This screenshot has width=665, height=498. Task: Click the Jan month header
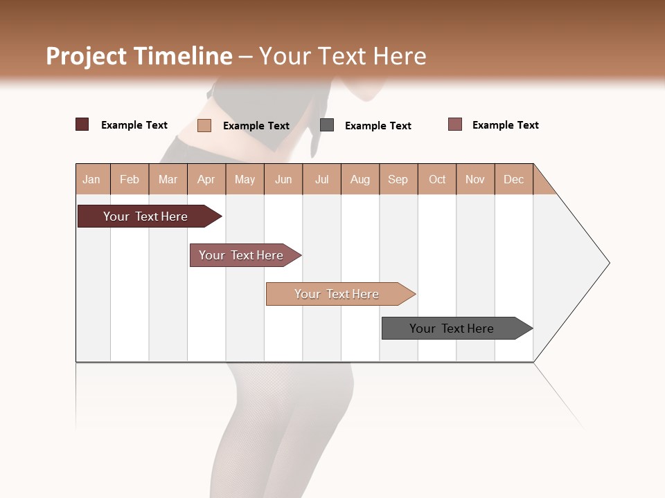[92, 179]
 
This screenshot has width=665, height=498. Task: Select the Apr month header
[206, 179]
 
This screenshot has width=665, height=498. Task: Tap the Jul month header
[321, 179]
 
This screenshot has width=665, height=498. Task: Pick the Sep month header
[398, 179]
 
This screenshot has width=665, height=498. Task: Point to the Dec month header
[513, 179]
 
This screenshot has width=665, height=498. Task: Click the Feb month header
[130, 179]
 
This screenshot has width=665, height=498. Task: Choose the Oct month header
[437, 179]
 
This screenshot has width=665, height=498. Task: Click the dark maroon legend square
[82, 124]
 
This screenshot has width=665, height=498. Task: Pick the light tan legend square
[204, 125]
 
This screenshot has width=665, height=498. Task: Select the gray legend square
[327, 125]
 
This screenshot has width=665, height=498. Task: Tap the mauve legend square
[454, 124]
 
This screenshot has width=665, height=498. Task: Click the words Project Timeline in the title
[139, 56]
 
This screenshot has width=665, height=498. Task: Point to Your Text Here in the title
[342, 56]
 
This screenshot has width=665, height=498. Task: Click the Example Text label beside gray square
[378, 126]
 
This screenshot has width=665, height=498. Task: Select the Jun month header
[283, 179]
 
